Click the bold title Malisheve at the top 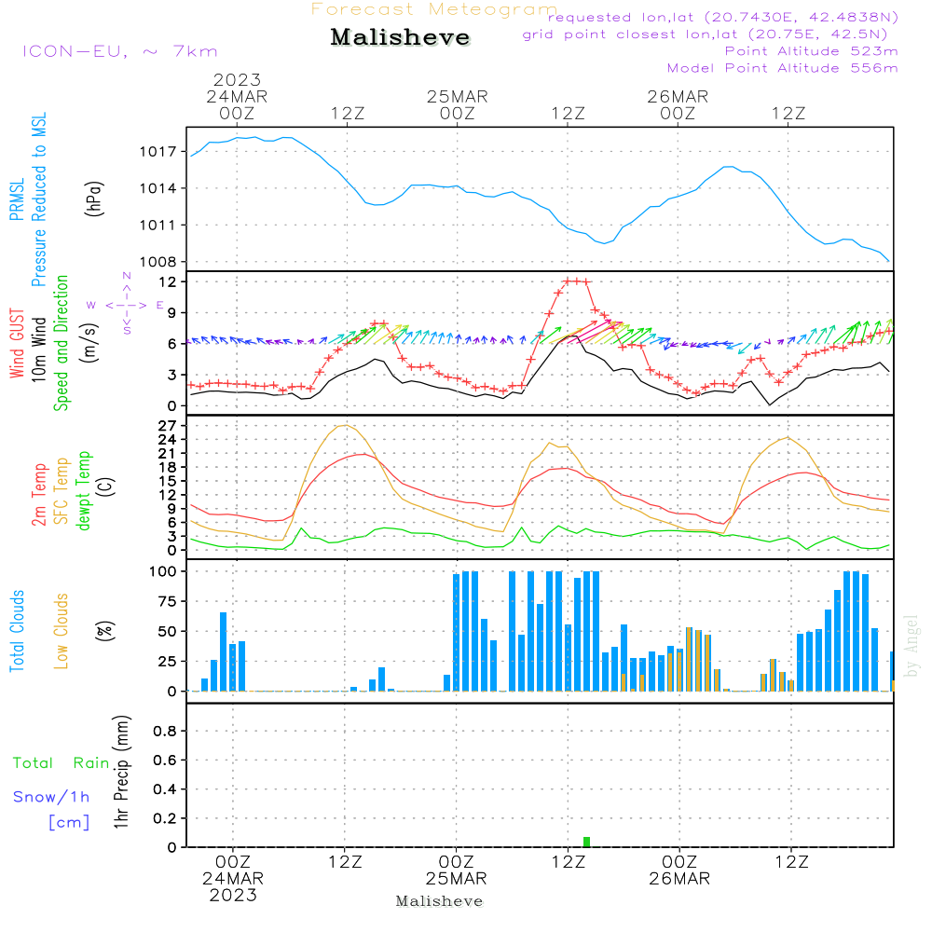pos(400,38)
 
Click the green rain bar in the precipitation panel pos(586,842)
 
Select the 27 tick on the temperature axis pos(168,426)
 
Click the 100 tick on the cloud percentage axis pos(164,570)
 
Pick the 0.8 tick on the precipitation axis pos(165,732)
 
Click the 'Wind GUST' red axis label pos(17,344)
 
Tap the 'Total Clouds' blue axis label pos(17,631)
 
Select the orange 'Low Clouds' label pos(62,631)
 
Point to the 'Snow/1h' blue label pos(51,797)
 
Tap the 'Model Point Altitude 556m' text pos(782,67)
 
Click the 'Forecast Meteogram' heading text pos(434,9)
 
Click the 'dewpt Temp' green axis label pos(85,491)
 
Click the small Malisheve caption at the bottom pos(439,901)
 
